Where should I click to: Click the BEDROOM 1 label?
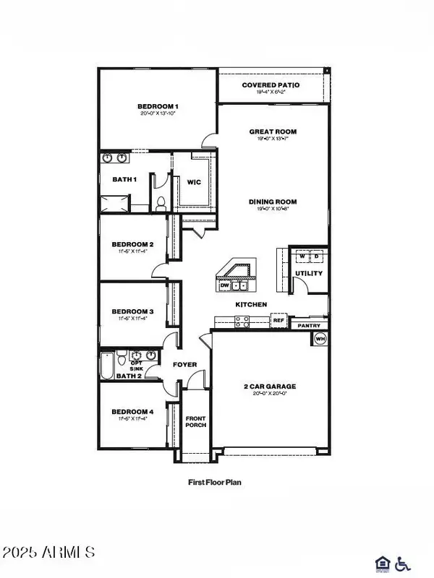[157, 107]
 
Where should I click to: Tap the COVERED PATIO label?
[271, 85]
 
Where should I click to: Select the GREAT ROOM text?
[273, 131]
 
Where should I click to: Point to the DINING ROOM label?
[273, 202]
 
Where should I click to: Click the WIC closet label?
[194, 182]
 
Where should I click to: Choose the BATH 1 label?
[124, 179]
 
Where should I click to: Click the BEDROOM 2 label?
[132, 244]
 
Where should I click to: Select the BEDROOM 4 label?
[132, 412]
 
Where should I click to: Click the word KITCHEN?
[251, 305]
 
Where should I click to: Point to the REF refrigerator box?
[278, 319]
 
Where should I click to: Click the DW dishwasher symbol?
[224, 285]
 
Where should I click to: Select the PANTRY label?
[310, 326]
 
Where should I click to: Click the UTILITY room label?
[309, 273]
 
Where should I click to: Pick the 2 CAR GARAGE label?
[269, 387]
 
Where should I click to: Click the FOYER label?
[184, 365]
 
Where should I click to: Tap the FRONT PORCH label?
[196, 422]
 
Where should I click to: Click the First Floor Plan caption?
[216, 480]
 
